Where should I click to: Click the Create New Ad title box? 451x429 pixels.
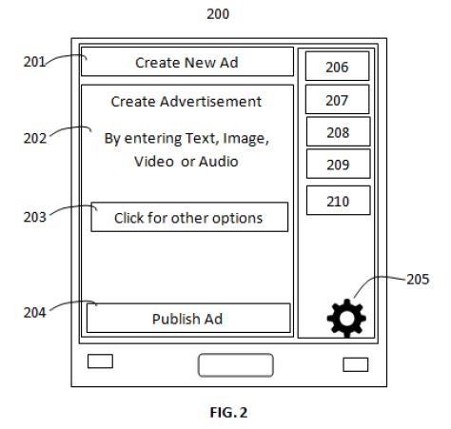click(x=187, y=62)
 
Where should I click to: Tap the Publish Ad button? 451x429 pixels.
click(x=188, y=318)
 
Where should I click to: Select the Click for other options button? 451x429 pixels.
click(x=189, y=217)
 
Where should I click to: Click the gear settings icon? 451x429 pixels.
click(x=346, y=318)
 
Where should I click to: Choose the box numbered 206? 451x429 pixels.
click(x=337, y=66)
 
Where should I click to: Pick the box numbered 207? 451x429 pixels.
click(x=337, y=99)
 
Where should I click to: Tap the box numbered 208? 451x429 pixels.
click(x=338, y=131)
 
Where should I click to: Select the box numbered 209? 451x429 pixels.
click(x=338, y=164)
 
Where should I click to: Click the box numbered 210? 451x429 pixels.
click(x=338, y=201)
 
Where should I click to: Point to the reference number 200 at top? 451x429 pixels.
click(x=218, y=14)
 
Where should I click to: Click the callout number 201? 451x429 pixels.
click(x=34, y=62)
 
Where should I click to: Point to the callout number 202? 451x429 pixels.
click(x=35, y=138)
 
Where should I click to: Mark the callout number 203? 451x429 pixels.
click(x=35, y=217)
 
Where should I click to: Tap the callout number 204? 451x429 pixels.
click(x=35, y=313)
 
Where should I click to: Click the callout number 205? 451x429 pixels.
click(x=418, y=280)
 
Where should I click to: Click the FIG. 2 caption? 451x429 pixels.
click(x=228, y=413)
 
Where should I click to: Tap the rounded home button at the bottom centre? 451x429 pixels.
click(x=236, y=365)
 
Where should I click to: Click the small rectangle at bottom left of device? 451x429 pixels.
click(x=100, y=361)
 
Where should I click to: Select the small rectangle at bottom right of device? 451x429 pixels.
click(x=356, y=364)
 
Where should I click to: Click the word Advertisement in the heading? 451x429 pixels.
click(x=211, y=102)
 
